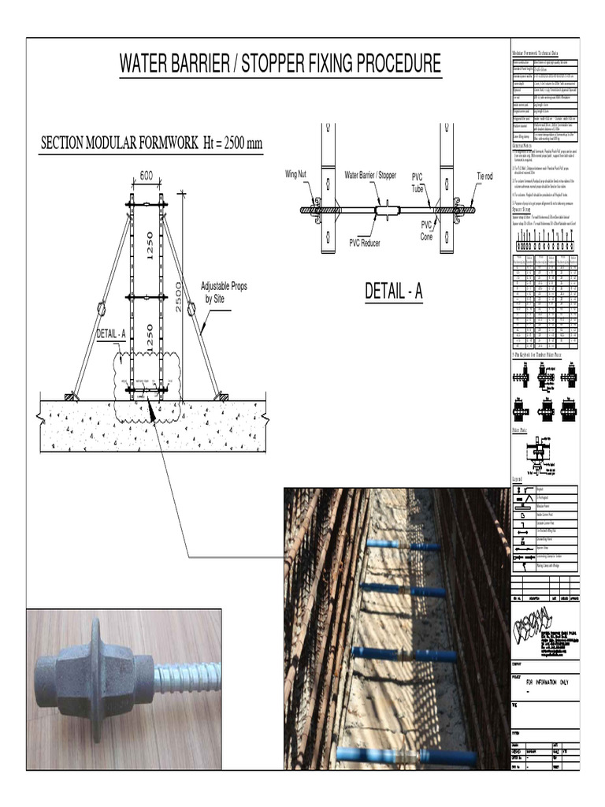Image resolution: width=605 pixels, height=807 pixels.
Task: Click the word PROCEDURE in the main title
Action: (x=385, y=64)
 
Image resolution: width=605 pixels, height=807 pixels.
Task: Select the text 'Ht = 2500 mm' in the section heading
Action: (x=221, y=144)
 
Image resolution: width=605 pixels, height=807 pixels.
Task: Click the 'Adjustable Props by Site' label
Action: (x=224, y=292)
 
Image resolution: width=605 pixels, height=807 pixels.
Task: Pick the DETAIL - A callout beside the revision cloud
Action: (x=111, y=334)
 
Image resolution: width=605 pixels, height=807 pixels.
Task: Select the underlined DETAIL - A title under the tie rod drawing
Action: (x=394, y=292)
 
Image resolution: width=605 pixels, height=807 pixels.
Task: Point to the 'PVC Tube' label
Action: (x=418, y=184)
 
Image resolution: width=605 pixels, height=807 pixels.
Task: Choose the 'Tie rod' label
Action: (x=484, y=176)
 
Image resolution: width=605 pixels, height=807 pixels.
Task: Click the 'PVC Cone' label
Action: (x=426, y=230)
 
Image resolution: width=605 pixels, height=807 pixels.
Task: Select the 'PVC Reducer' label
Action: (x=365, y=243)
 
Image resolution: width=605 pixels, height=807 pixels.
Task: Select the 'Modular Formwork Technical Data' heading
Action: (x=544, y=53)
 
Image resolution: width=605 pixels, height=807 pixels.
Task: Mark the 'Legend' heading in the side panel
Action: (x=518, y=480)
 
